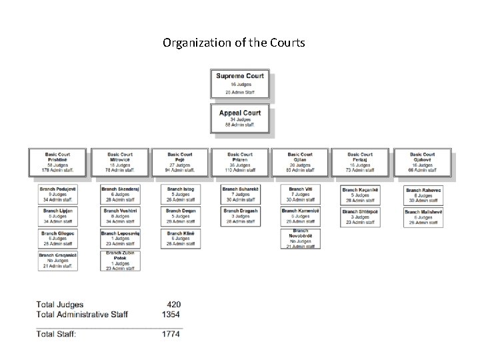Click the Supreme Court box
[x=240, y=84]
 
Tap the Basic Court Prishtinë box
[x=59, y=161]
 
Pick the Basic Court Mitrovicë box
[x=119, y=161]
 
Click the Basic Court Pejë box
[x=180, y=161]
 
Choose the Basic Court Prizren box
[x=240, y=161]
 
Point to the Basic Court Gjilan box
[x=300, y=161]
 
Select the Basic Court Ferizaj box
[x=360, y=161]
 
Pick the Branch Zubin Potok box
[x=119, y=261]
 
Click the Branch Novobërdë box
[x=300, y=239]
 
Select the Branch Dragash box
[x=240, y=216]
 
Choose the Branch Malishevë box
[x=424, y=217]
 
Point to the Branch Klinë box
[x=180, y=239]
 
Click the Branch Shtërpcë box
[x=361, y=217]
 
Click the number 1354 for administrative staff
[x=171, y=313]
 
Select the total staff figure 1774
[x=171, y=333]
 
